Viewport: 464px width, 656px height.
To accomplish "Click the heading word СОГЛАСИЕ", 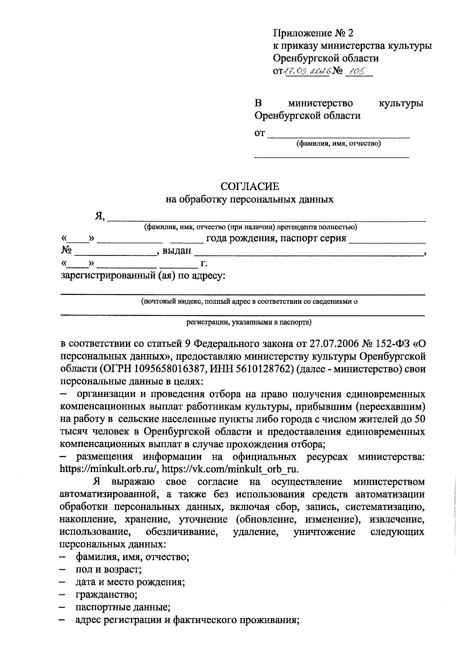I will [249, 187].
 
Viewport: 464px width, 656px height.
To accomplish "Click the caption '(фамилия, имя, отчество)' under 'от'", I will [338, 144].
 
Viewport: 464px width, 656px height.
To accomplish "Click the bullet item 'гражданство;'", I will [106, 594].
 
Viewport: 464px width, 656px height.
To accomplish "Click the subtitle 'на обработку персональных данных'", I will [249, 200].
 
